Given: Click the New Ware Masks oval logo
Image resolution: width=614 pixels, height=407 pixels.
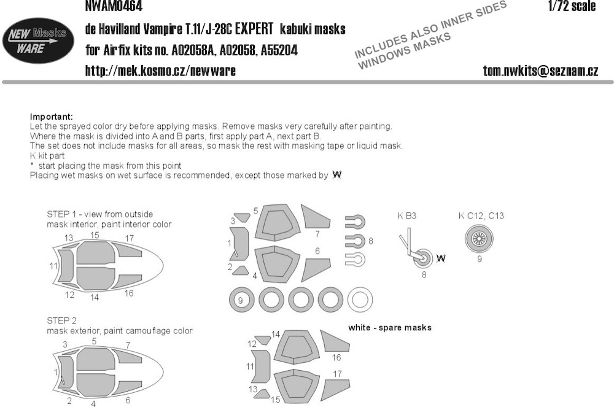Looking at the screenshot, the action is [x=38, y=41].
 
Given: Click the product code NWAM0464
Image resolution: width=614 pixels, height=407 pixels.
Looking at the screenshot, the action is [x=114, y=6].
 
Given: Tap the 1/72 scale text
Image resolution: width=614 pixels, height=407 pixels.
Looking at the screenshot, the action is [x=572, y=6].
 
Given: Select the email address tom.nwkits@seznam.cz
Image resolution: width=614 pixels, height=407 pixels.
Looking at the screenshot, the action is [x=540, y=71].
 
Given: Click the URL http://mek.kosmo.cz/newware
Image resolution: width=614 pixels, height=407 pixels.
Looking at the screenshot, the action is [x=160, y=71].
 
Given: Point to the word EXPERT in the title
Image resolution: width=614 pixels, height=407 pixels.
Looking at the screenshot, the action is [x=254, y=29].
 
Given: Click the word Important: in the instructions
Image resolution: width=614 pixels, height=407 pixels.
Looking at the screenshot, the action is [x=52, y=117].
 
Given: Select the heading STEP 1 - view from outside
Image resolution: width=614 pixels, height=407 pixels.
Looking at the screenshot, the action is [x=100, y=214].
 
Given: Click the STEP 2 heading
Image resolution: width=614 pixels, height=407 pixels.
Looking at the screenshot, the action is [x=61, y=320].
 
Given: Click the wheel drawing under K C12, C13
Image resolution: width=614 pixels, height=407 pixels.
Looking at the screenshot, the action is [x=479, y=239].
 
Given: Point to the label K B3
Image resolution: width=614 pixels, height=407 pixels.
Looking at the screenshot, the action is [x=406, y=215].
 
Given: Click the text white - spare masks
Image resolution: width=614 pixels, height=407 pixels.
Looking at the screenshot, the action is [x=390, y=328].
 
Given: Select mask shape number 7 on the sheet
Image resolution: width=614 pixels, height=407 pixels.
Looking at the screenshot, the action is [x=315, y=217].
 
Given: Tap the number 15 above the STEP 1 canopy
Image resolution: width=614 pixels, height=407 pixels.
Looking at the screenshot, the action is [x=95, y=235].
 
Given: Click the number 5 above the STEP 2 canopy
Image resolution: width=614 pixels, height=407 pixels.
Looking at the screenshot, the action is [x=94, y=341].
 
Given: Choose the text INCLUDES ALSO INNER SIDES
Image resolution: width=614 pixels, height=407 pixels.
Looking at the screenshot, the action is [x=431, y=28].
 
